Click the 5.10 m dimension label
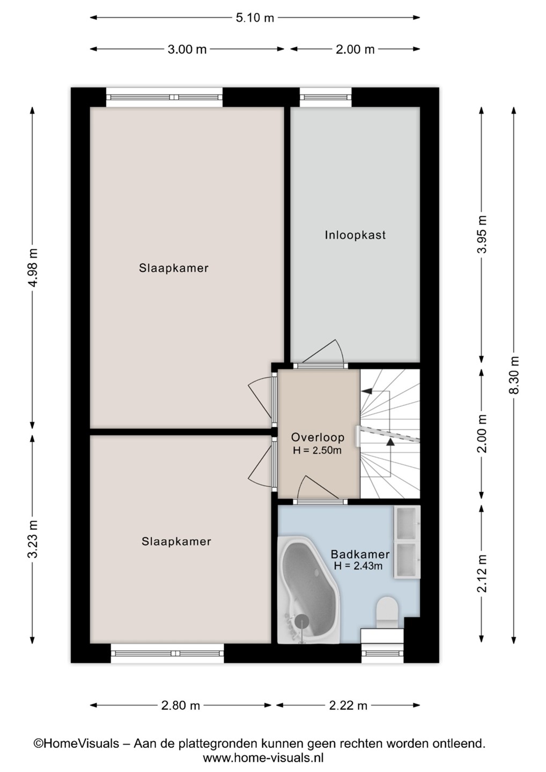[255, 18]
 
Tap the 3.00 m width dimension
[187, 49]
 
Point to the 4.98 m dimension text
[33, 268]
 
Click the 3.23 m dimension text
[33, 539]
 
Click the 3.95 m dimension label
[482, 234]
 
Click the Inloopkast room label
[355, 235]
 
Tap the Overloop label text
[318, 437]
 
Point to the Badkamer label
[360, 554]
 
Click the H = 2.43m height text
[358, 566]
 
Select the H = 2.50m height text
[317, 450]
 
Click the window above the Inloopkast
[326, 97]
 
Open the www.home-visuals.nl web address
[263, 758]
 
